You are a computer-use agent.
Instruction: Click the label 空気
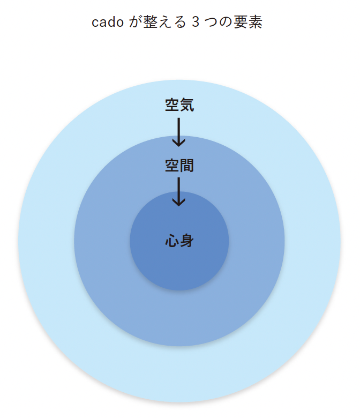tap(179, 105)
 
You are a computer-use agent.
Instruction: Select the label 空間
tap(179, 166)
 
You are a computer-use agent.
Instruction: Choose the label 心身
tap(179, 241)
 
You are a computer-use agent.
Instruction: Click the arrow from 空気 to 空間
tap(179, 131)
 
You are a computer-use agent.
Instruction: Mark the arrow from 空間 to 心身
tap(179, 191)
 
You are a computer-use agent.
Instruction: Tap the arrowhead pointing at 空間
tap(179, 143)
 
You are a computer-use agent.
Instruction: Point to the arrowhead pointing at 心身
tap(179, 202)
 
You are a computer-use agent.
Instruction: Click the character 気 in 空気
tap(186, 105)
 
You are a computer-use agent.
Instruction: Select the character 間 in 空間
tap(186, 166)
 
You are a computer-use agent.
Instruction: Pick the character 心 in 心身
tap(172, 241)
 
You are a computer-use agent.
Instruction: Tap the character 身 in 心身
tap(186, 241)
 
